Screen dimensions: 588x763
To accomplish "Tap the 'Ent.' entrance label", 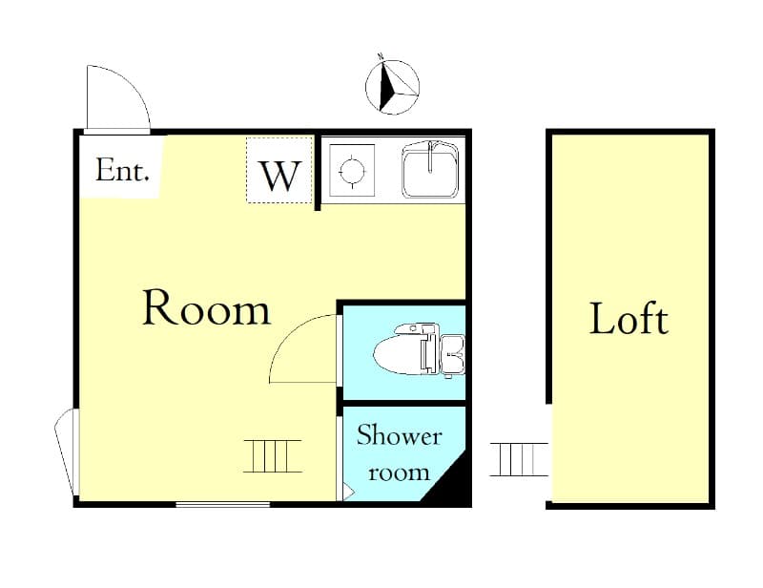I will click(123, 172).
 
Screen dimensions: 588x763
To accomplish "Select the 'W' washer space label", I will click(280, 176).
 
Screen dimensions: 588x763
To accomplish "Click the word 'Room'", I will click(206, 309).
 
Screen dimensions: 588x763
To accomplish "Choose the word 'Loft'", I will click(629, 318).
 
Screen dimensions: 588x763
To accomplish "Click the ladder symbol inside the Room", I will click(272, 455).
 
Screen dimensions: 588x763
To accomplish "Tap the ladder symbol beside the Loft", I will click(519, 459).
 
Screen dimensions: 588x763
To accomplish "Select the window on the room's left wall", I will click(67, 452).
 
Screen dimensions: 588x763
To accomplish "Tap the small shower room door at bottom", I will click(346, 491).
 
